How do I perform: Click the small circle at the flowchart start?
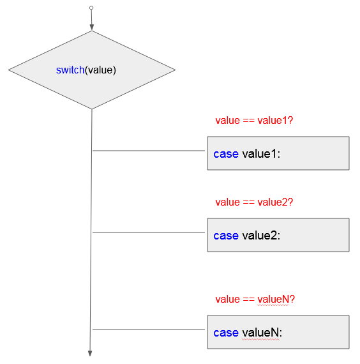coord(91,8)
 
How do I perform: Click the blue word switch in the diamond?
coord(70,70)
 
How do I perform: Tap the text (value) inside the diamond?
coord(100,70)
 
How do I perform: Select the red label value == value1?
coord(254,121)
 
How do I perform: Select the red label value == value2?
coord(254,202)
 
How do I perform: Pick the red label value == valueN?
coord(255,300)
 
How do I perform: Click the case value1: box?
coord(278,153)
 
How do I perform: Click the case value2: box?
coord(278,235)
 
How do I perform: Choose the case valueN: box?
coord(278,332)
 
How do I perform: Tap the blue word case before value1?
coord(226,154)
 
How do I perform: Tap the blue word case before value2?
coord(226,236)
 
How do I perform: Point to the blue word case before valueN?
coord(226,333)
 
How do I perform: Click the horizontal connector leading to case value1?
coord(149,151)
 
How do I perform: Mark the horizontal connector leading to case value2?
coord(149,232)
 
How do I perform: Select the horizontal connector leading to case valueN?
coord(149,330)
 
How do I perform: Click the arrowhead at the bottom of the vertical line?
coord(90,353)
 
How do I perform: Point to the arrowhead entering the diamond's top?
coord(92,27)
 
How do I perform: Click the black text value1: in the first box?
coord(261,154)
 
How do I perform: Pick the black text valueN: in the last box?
coord(262,333)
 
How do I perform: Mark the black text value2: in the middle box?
coord(261,236)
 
